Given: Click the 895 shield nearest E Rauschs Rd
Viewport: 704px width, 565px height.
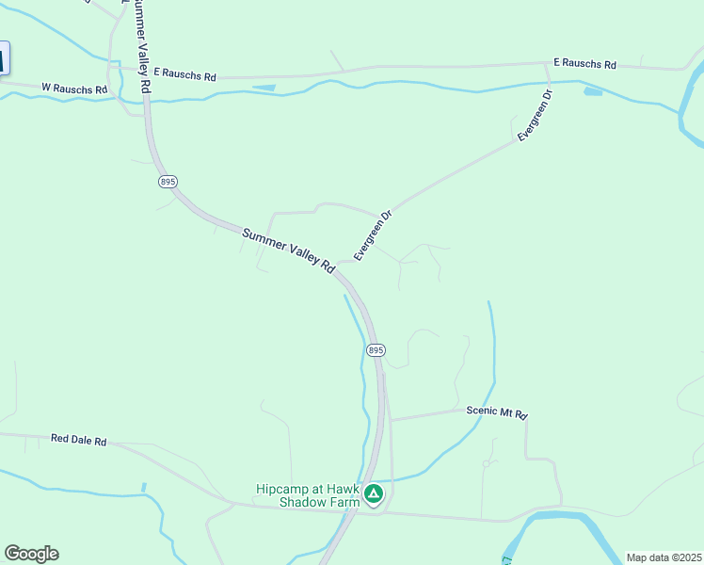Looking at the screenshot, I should [167, 181].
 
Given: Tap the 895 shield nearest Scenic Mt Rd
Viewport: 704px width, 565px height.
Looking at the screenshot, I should [375, 349].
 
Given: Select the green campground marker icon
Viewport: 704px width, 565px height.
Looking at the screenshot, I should [374, 492].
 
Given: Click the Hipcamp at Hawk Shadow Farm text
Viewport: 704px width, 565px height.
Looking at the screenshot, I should [308, 495].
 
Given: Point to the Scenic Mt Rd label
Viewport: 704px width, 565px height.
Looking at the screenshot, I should [497, 412].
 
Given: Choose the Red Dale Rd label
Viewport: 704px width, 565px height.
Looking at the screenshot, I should [79, 440].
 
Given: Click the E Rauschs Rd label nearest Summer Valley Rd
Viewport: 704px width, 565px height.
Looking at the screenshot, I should [184, 73].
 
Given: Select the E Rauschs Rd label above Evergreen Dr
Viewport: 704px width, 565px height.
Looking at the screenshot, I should [584, 64].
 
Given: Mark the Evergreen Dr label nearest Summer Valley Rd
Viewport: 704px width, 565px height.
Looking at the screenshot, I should [372, 235].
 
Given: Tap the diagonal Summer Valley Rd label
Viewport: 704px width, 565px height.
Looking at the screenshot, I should [288, 250].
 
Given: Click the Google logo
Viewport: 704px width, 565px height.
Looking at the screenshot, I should [31, 554].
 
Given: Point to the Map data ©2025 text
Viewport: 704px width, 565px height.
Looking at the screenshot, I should [664, 557].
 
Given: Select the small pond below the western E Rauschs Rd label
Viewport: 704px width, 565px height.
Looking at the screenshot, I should [264, 88].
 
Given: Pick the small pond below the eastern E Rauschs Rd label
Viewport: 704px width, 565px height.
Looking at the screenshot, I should [593, 91].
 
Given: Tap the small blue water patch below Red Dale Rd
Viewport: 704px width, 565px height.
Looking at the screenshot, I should [143, 487].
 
